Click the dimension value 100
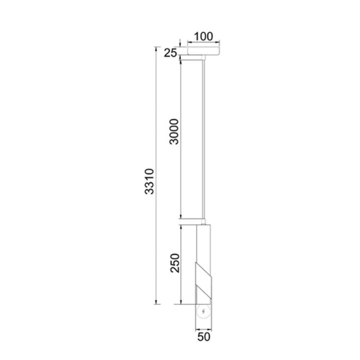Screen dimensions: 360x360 pyautogui.click(x=203, y=36)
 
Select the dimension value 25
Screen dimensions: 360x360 pyautogui.click(x=170, y=53)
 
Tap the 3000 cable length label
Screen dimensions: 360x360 pyautogui.click(x=174, y=131)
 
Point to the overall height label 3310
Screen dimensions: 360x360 pyautogui.click(x=149, y=181)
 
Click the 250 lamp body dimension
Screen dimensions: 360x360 pyautogui.click(x=174, y=263)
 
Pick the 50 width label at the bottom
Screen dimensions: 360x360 pyautogui.click(x=204, y=337)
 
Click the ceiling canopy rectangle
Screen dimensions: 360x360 pyautogui.click(x=203, y=50)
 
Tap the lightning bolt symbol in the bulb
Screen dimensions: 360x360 pyautogui.click(x=203, y=311)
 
